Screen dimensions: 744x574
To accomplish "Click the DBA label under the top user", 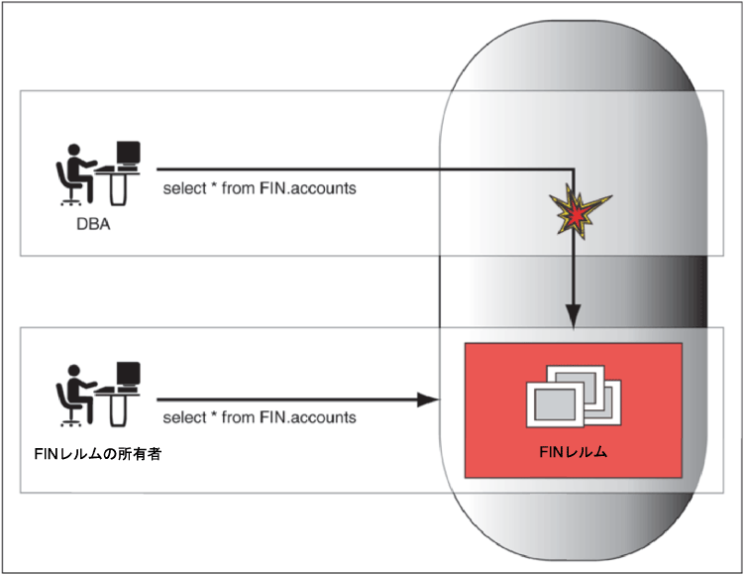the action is [x=93, y=224].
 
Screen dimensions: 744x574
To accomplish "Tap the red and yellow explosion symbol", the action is [x=578, y=211].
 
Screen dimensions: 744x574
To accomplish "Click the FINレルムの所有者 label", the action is [x=98, y=454].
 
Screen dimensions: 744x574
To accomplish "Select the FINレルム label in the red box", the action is [x=574, y=451].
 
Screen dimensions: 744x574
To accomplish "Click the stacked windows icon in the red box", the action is [x=574, y=397].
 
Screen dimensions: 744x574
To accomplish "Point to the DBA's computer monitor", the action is [x=128, y=154].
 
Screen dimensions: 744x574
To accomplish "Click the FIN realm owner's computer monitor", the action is [x=128, y=375].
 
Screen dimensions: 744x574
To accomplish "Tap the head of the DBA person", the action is [x=73, y=150].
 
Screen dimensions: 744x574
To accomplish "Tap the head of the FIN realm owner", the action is [x=73, y=371].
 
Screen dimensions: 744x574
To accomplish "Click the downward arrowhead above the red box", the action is [x=574, y=316].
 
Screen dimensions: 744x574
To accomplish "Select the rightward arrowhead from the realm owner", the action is [x=428, y=400].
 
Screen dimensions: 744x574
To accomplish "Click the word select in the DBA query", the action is [x=184, y=188].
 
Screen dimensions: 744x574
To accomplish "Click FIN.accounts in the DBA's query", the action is [x=308, y=188].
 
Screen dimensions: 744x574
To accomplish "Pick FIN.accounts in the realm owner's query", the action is [x=308, y=417].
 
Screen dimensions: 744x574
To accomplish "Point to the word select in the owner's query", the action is [x=184, y=417].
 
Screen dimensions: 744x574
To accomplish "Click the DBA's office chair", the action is [x=68, y=184].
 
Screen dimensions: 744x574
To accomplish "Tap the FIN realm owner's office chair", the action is [x=68, y=405].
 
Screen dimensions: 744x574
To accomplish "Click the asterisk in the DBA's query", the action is [x=214, y=185].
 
